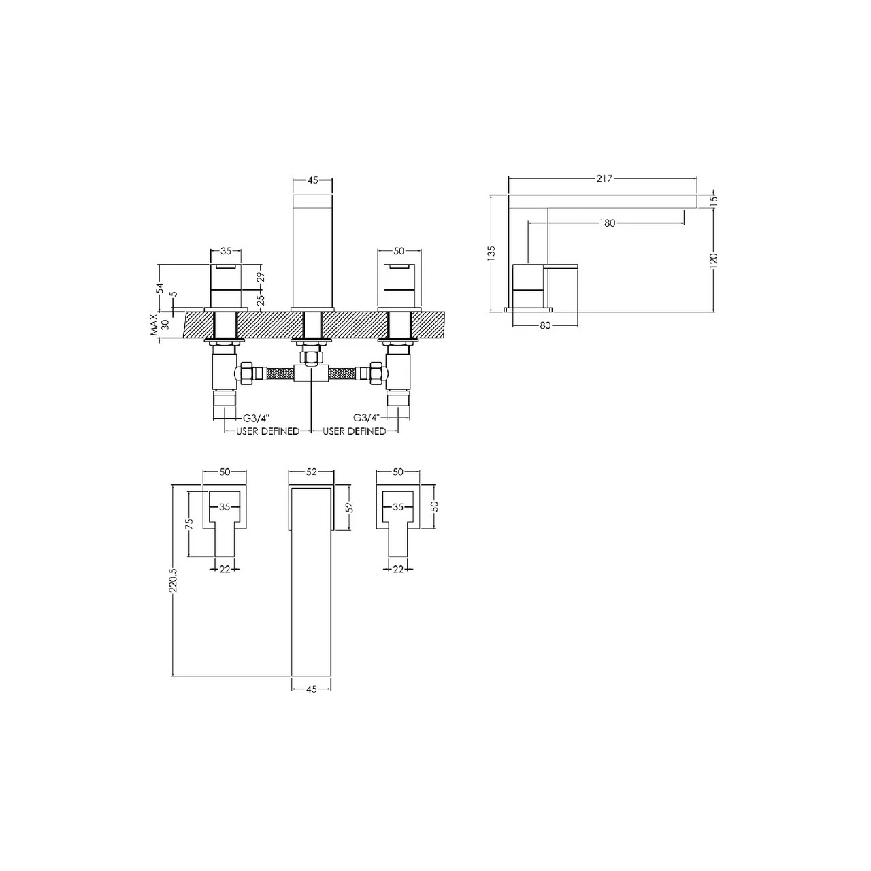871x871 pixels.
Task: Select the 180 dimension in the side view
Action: click(x=608, y=223)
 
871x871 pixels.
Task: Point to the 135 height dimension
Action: click(x=491, y=253)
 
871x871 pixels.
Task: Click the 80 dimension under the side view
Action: click(x=544, y=325)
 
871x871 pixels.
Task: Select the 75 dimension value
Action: click(x=190, y=523)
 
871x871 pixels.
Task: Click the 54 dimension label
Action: click(x=161, y=287)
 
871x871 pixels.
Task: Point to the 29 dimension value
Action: click(x=259, y=277)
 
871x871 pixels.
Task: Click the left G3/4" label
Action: click(x=257, y=417)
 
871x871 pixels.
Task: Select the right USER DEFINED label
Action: click(x=355, y=431)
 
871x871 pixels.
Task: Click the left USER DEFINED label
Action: click(x=267, y=431)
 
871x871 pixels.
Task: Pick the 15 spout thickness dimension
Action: click(x=714, y=199)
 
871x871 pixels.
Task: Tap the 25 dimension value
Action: click(x=259, y=297)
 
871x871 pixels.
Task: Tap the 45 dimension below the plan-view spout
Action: click(x=311, y=689)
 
